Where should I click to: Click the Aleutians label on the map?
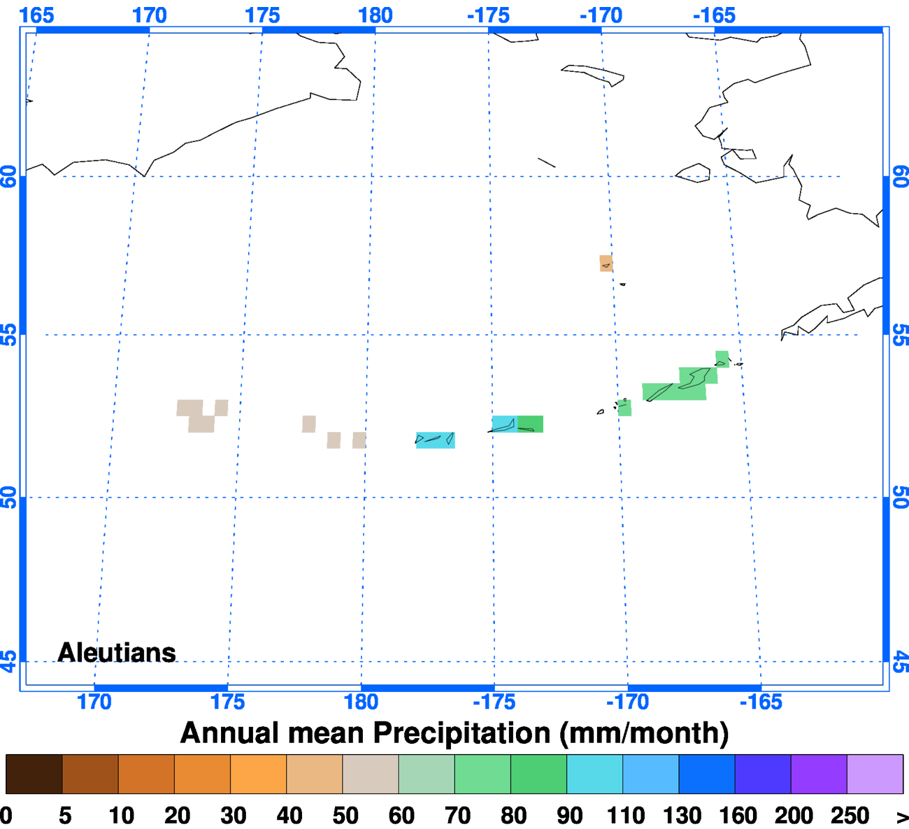click(x=117, y=652)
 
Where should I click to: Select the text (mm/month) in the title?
click(x=644, y=733)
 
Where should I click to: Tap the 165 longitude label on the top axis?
click(x=36, y=15)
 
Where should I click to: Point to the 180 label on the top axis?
click(x=375, y=15)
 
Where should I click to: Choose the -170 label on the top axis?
click(x=601, y=15)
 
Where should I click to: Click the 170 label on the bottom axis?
click(x=94, y=702)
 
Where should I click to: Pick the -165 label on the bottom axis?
click(x=761, y=702)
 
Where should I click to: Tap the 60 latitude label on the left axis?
click(x=9, y=177)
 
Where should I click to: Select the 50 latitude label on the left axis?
click(x=9, y=498)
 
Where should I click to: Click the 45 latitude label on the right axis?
click(x=901, y=661)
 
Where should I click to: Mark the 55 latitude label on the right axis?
click(x=901, y=335)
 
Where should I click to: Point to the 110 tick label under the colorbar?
click(x=626, y=816)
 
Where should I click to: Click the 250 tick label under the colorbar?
click(x=850, y=816)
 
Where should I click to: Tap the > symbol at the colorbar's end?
click(x=901, y=816)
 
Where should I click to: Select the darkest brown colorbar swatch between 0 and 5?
click(x=34, y=774)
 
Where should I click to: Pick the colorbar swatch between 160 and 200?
click(x=763, y=774)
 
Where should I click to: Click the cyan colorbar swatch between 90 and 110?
click(x=594, y=774)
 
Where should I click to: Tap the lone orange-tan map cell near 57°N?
click(x=606, y=264)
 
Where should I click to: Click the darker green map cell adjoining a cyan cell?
click(x=531, y=424)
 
